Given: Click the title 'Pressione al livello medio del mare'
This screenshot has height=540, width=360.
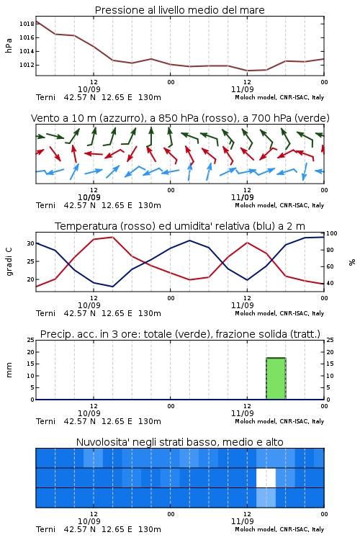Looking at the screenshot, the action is tap(179, 10).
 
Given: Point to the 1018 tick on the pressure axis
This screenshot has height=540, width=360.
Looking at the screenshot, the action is tap(27, 24).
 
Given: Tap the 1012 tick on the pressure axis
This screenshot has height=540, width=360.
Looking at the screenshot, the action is tap(27, 65).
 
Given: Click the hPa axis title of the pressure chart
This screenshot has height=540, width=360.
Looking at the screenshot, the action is tap(9, 45).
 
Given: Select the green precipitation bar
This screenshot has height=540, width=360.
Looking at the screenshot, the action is tap(276, 379).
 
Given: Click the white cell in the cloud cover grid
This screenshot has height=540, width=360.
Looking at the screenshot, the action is tap(266, 477).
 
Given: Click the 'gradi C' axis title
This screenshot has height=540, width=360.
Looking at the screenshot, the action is tap(9, 261).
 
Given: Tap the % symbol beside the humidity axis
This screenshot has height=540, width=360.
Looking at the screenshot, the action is tap(352, 262).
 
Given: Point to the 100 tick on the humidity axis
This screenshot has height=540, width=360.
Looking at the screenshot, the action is tap(331, 233).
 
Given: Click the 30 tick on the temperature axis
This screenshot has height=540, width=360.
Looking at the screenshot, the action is tap(31, 243).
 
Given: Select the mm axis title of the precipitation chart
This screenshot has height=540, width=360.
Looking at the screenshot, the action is tap(9, 370).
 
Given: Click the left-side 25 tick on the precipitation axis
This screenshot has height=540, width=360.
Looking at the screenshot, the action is tap(31, 340).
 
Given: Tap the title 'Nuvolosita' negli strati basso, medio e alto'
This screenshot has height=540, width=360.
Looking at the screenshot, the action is tap(179, 442).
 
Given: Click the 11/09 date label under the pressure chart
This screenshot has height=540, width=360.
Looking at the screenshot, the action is tap(242, 89).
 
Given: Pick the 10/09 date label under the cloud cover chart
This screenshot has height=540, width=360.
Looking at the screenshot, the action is tap(89, 521).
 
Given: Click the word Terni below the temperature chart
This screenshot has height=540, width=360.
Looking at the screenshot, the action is tap(45, 313).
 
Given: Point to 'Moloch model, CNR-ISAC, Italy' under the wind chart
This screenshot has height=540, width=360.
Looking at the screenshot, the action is tap(279, 205).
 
